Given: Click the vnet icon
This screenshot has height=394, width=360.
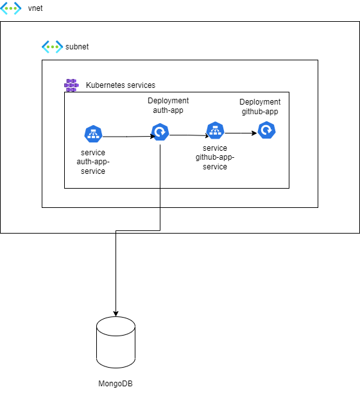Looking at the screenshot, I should (x=10, y=9).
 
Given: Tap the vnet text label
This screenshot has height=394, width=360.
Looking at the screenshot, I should (x=35, y=9).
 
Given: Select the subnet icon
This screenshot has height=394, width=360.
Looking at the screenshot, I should (x=51, y=47).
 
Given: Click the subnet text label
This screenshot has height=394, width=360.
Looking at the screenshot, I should (x=77, y=47).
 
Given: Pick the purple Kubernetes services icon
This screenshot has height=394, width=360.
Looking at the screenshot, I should (x=71, y=85).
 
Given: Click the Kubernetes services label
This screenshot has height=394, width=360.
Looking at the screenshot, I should (x=120, y=85).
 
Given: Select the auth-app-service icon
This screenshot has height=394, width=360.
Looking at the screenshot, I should (x=93, y=134).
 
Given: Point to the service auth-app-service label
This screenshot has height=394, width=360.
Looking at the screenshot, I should (x=90, y=162).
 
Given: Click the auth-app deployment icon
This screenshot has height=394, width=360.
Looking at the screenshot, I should (x=160, y=133).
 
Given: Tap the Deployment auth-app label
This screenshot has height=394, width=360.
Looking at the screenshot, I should (x=168, y=105).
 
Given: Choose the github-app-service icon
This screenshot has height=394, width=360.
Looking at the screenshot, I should (x=214, y=131).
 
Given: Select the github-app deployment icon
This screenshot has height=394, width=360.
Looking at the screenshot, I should (x=266, y=131).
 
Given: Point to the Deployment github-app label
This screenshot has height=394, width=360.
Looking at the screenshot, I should (x=260, y=107).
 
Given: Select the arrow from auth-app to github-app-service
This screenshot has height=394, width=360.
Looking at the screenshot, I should (x=187, y=135).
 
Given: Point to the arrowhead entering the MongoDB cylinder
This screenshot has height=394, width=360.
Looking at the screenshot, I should (x=116, y=312).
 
